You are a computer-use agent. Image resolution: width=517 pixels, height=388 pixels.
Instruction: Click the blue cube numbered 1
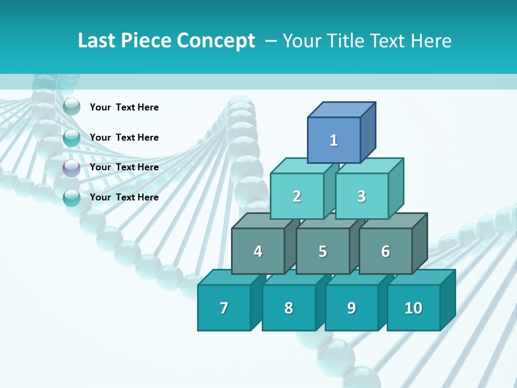pos(334,140)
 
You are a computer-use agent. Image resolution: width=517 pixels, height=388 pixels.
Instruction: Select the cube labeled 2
pos(297,196)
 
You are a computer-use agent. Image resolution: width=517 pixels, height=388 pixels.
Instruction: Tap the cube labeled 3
pos(361,196)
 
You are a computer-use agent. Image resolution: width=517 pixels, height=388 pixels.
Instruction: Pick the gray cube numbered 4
pos(258,251)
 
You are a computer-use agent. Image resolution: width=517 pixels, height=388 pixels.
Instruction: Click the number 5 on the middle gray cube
pos(323,252)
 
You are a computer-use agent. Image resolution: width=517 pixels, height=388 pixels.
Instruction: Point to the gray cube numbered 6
pos(385,251)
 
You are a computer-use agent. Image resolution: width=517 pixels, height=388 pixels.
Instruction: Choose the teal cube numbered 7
pos(224,308)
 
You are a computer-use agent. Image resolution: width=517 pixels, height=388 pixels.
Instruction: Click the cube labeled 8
pos(289,308)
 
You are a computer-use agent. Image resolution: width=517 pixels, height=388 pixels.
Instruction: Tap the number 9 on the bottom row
pos(351,308)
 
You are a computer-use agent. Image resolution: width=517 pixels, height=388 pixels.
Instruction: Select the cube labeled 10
pos(413,308)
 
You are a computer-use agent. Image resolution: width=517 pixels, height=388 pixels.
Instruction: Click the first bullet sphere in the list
pos(72,107)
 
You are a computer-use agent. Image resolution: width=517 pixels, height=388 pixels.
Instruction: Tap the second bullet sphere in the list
pos(72,138)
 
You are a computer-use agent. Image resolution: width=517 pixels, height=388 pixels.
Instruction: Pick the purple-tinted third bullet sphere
pos(72,168)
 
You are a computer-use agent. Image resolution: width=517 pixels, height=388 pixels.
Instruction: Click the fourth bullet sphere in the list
pos(72,198)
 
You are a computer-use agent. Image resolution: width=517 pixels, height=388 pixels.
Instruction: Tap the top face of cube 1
pos(341,110)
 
